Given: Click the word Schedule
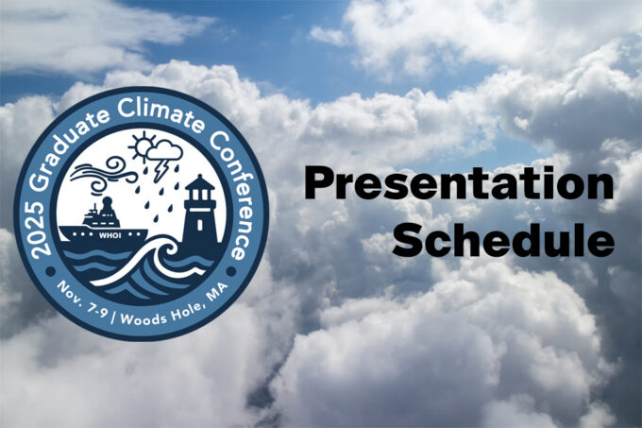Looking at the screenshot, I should [x=503, y=240].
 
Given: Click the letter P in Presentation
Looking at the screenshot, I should [x=319, y=186].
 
